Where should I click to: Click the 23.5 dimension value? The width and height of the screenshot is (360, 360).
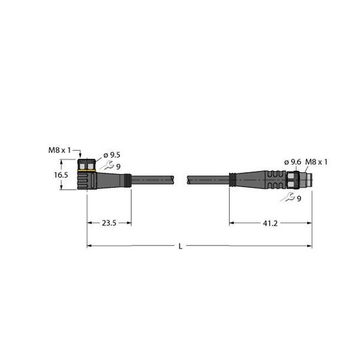109,223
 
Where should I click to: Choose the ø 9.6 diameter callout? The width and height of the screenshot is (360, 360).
292,162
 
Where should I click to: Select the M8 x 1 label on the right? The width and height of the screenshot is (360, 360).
319,162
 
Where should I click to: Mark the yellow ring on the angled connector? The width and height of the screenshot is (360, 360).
88,171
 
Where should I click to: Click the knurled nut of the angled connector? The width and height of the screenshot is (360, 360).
88,164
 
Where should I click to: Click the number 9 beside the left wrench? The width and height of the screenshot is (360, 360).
118,167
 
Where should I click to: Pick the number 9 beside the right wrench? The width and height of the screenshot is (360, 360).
298,199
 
